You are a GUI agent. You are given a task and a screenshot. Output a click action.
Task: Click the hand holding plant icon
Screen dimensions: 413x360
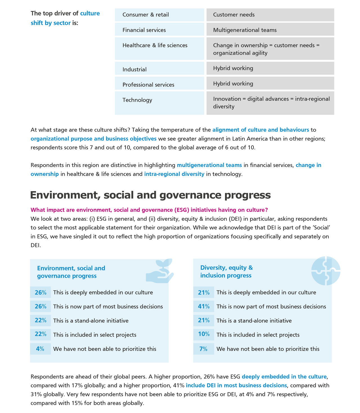click(160, 271)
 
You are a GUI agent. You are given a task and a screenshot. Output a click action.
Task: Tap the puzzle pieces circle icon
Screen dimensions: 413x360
click(326, 270)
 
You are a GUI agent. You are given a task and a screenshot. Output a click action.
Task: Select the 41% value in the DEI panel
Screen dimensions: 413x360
click(204, 306)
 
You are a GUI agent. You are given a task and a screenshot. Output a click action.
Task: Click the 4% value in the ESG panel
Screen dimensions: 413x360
click(40, 349)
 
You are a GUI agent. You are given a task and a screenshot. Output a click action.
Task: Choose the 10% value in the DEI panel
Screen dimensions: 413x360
click(204, 334)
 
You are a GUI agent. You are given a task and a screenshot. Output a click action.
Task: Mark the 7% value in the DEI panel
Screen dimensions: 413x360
click(203, 349)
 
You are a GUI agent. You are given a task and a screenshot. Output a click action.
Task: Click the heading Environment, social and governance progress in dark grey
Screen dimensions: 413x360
click(150, 195)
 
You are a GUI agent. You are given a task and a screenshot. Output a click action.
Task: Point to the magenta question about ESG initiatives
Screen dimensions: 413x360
click(149, 210)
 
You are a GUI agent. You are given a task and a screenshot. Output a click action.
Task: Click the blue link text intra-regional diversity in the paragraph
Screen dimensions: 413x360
click(174, 174)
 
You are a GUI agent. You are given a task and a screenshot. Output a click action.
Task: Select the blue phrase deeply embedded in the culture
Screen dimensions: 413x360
click(284, 376)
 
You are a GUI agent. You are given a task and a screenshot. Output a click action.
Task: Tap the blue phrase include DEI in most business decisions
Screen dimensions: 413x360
click(236, 385)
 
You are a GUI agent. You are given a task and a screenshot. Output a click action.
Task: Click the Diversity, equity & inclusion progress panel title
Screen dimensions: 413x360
click(226, 271)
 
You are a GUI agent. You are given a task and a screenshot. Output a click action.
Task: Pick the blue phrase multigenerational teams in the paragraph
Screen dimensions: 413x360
click(209, 165)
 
